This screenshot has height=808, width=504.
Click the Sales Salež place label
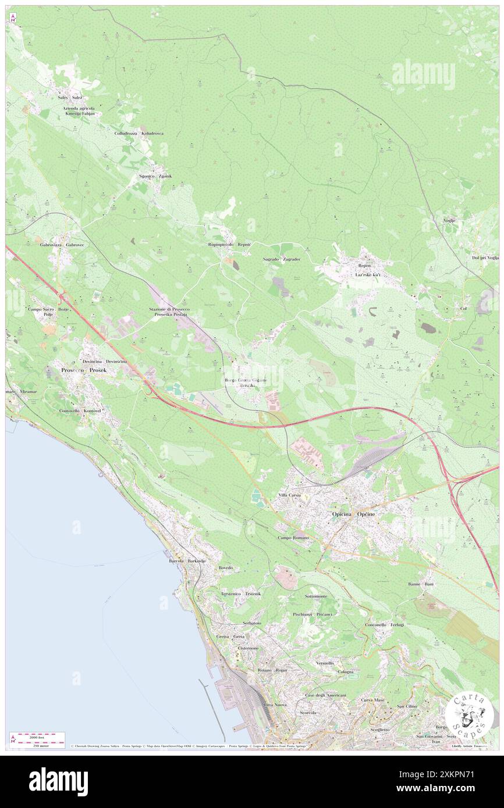tap(70, 98)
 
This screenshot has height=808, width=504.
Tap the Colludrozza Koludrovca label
tap(139, 133)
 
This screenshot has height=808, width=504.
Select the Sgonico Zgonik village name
tap(155, 176)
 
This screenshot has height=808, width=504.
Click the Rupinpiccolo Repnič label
tap(229, 245)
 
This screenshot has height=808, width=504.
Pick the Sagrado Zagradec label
tap(282, 259)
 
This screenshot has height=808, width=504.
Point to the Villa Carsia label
tap(289, 495)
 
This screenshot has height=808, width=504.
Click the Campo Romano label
tap(293, 538)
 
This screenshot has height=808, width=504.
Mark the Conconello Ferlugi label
tap(384, 624)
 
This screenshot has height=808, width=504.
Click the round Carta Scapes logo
tap(469, 714)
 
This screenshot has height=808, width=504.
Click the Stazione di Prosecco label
tap(169, 309)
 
